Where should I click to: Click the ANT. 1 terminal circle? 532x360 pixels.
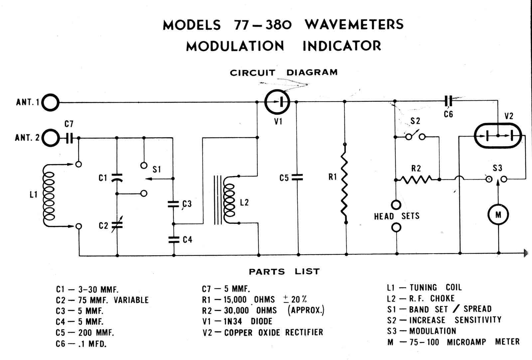point(51,102)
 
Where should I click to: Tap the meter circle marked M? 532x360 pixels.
point(498,215)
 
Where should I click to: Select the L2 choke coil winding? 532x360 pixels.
point(229,199)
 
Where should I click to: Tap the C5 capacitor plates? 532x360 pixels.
point(298,178)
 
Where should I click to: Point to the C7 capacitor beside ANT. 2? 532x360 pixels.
point(69,137)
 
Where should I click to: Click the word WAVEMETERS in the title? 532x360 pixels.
point(354,25)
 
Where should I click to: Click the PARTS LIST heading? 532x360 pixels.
point(284,272)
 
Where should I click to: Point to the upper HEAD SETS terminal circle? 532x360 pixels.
point(396,204)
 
